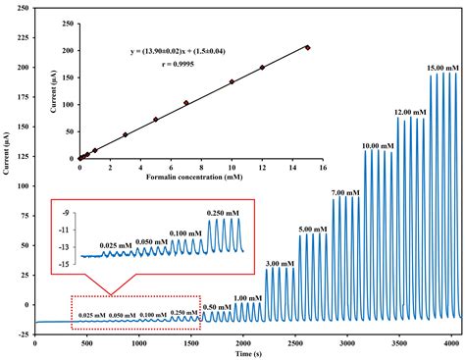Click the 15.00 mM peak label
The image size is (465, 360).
pos(439,68)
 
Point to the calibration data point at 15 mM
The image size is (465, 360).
pos(307,47)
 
